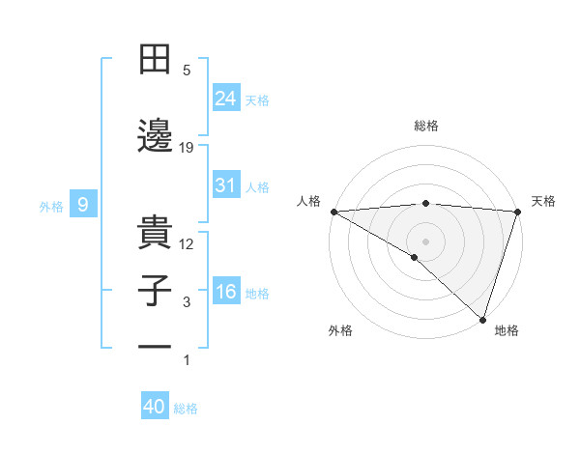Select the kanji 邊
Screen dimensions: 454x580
tap(155, 135)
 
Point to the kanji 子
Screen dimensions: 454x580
tap(155, 292)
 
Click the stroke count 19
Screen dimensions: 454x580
tap(187, 147)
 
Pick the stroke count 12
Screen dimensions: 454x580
tap(187, 244)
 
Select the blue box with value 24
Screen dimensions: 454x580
tap(226, 98)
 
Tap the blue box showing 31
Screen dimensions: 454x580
tap(226, 185)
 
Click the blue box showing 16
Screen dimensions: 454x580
tap(226, 292)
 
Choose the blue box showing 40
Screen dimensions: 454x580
tap(155, 407)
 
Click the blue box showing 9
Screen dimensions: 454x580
tap(83, 205)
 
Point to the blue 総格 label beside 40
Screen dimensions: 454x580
tap(186, 409)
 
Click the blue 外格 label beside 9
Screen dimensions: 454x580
tap(51, 206)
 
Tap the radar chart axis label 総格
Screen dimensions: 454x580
tap(426, 126)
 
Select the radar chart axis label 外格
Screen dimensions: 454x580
tap(340, 330)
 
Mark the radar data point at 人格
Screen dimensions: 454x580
tap(333, 212)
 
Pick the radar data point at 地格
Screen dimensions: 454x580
tap(482, 319)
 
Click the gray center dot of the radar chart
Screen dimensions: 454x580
tap(425, 241)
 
